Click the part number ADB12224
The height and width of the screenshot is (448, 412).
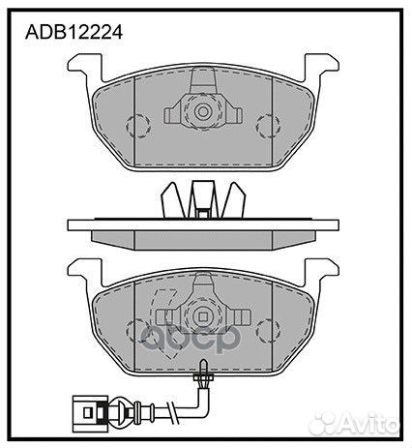pos(74,33)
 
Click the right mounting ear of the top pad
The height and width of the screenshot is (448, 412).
pos(321,66)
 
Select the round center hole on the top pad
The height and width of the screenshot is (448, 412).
pos(203,112)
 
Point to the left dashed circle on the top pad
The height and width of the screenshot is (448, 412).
pos(138,126)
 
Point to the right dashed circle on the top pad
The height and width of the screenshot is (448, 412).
pos(268,126)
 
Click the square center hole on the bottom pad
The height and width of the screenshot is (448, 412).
pos(203,317)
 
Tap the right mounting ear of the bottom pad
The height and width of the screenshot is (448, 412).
pos(321,271)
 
